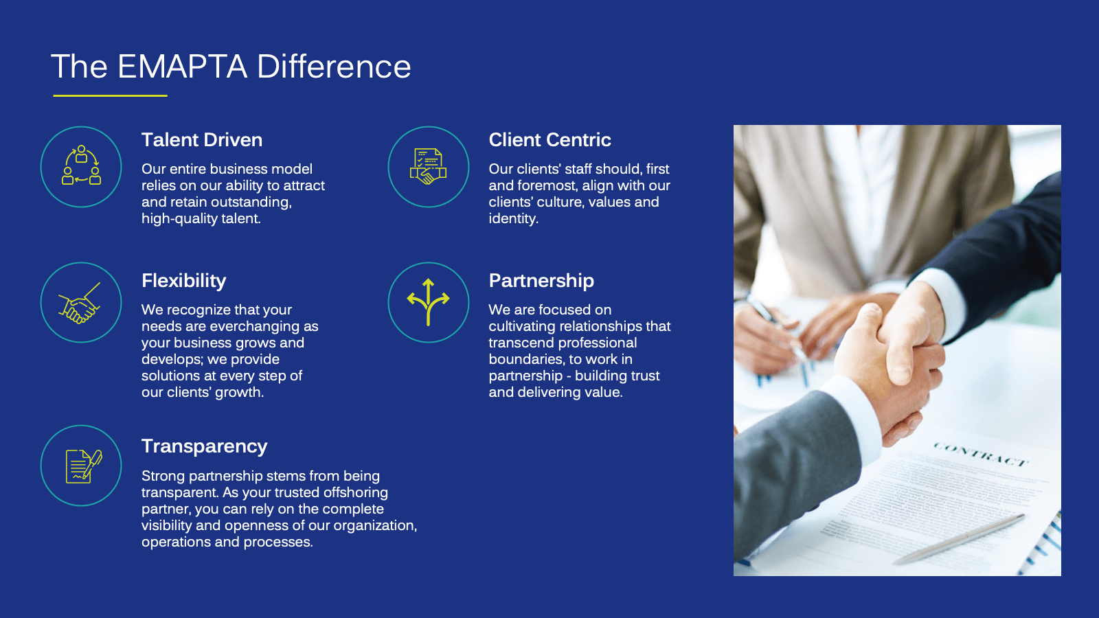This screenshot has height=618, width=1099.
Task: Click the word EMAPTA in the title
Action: point(183,66)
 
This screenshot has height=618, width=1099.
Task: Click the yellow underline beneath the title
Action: point(111,95)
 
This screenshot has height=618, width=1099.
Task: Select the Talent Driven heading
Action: point(202,140)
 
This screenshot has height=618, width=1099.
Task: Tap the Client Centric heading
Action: point(549,140)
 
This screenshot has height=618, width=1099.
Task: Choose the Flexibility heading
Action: point(183,281)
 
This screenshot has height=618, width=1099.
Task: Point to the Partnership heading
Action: point(541,281)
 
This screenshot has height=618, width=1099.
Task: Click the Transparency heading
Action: point(204,446)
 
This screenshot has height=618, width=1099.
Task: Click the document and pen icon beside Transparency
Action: point(84,466)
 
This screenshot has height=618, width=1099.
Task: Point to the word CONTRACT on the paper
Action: point(979,454)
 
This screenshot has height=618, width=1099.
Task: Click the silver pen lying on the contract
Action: point(959,538)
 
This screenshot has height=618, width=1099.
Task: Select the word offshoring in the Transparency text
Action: point(356,492)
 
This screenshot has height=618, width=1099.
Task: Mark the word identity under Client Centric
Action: point(513,219)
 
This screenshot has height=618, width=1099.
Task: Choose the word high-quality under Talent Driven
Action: point(179,219)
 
